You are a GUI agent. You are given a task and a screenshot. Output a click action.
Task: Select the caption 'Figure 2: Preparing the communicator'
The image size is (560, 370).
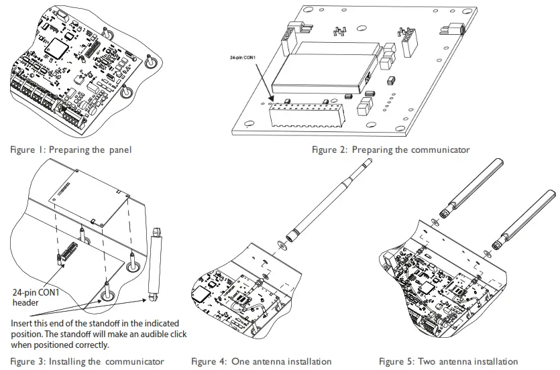[x=391, y=149]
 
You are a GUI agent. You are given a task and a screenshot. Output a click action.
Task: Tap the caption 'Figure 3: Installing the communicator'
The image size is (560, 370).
[x=87, y=361]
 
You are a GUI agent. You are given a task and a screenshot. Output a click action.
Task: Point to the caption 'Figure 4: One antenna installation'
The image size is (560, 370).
[x=261, y=361]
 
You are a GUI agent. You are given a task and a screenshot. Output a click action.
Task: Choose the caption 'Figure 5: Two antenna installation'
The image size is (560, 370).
[x=448, y=361]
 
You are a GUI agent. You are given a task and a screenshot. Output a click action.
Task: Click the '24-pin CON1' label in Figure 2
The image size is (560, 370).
[x=247, y=58]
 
